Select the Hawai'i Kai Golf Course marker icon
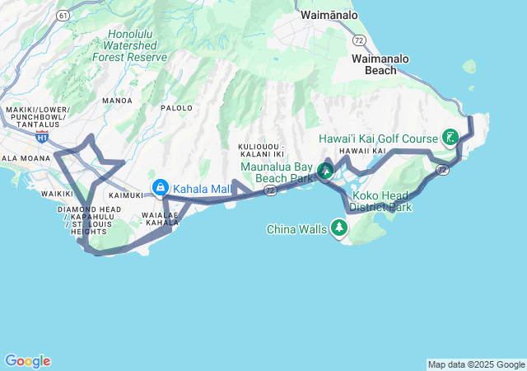point(451,137)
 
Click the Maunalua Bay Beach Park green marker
point(326,171)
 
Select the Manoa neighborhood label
point(117,101)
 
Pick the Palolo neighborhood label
point(176,108)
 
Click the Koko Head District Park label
point(380,201)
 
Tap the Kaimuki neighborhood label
point(126,195)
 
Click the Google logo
point(27,361)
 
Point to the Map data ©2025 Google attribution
point(476,364)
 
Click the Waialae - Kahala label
point(161,218)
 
